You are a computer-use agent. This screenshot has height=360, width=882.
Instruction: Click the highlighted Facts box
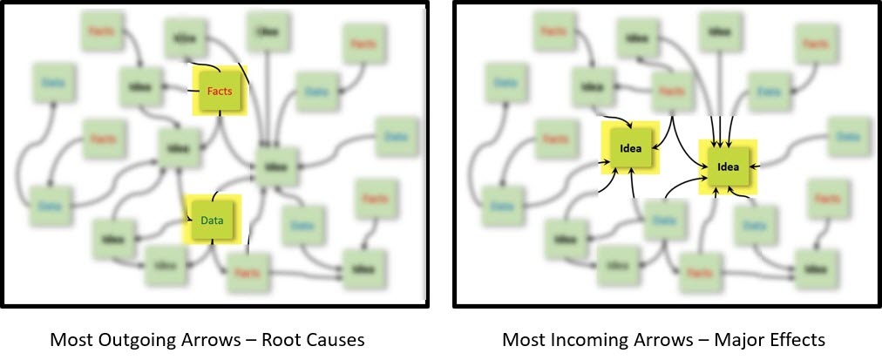(x=219, y=91)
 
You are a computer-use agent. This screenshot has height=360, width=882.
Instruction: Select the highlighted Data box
(x=212, y=220)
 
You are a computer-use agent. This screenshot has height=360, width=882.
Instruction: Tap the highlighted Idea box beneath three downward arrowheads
(x=728, y=166)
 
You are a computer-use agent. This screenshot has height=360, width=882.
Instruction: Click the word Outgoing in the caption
(x=125, y=338)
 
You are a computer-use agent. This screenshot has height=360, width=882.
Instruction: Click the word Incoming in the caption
(x=579, y=338)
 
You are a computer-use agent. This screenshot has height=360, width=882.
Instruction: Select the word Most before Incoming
(x=523, y=338)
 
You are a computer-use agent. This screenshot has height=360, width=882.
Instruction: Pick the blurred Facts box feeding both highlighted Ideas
(x=670, y=92)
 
